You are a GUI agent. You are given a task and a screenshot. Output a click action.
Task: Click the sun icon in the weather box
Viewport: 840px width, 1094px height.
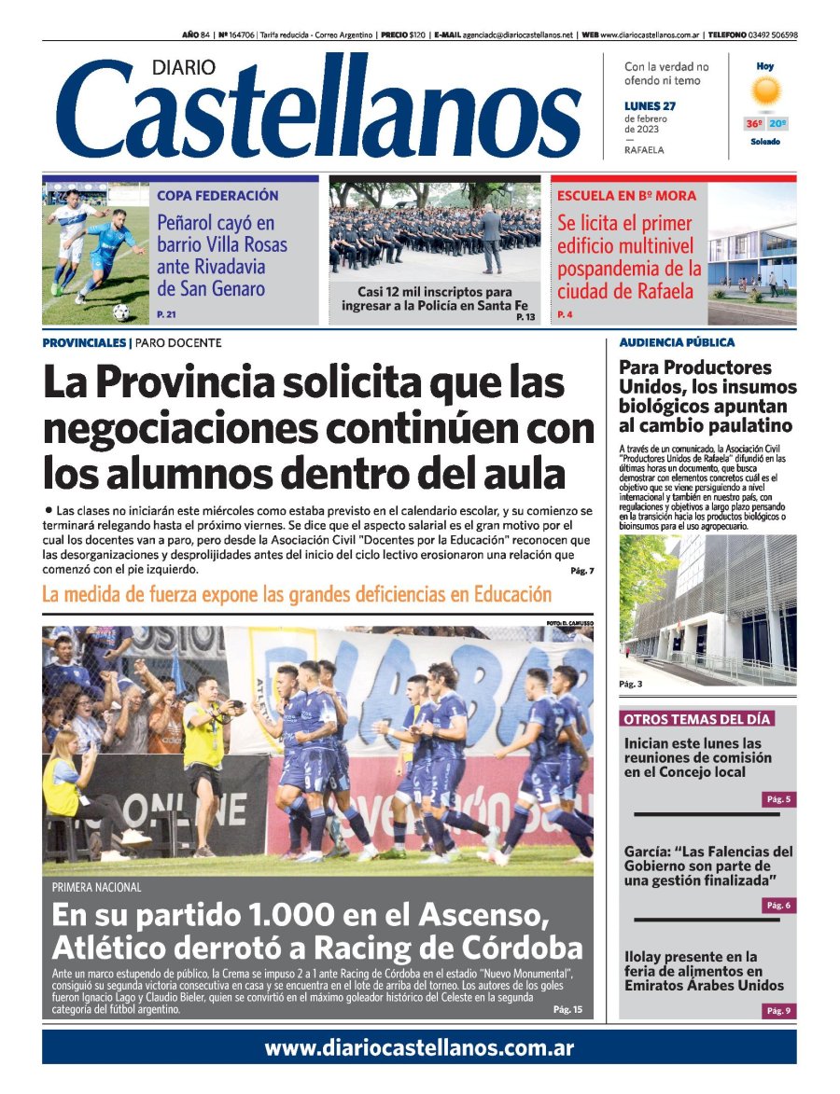pos(765,91)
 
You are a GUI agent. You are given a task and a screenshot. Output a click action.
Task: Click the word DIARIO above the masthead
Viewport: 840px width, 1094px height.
pos(183,67)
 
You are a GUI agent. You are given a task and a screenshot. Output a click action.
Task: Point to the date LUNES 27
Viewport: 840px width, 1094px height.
pos(650,105)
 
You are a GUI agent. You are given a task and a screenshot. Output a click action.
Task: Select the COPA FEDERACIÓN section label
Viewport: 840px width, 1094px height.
pos(217,196)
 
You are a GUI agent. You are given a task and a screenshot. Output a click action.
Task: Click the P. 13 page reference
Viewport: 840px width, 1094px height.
pos(525,318)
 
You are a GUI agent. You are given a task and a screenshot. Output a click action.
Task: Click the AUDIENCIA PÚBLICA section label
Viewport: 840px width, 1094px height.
pos(677,342)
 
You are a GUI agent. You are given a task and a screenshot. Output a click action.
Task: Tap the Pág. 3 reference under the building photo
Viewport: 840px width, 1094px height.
pos(631,685)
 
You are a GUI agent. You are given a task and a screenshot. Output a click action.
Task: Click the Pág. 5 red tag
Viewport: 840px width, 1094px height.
pos(778,799)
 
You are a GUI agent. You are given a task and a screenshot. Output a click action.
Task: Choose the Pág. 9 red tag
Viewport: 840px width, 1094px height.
pos(778,1010)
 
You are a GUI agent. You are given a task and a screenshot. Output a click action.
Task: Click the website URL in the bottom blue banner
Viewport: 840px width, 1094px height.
pos(419,1047)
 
